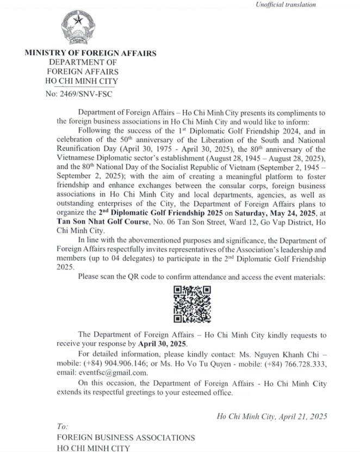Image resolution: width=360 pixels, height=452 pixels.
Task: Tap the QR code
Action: point(191,304)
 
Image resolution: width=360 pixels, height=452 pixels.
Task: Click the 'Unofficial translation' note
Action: point(285,5)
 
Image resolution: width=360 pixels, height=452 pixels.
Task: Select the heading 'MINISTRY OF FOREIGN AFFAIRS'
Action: point(90,53)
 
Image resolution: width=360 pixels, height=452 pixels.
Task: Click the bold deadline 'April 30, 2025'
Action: point(162,344)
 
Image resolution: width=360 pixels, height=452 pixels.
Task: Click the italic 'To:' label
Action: point(63,426)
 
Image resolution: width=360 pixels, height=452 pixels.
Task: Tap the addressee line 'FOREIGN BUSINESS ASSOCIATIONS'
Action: point(126,437)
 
